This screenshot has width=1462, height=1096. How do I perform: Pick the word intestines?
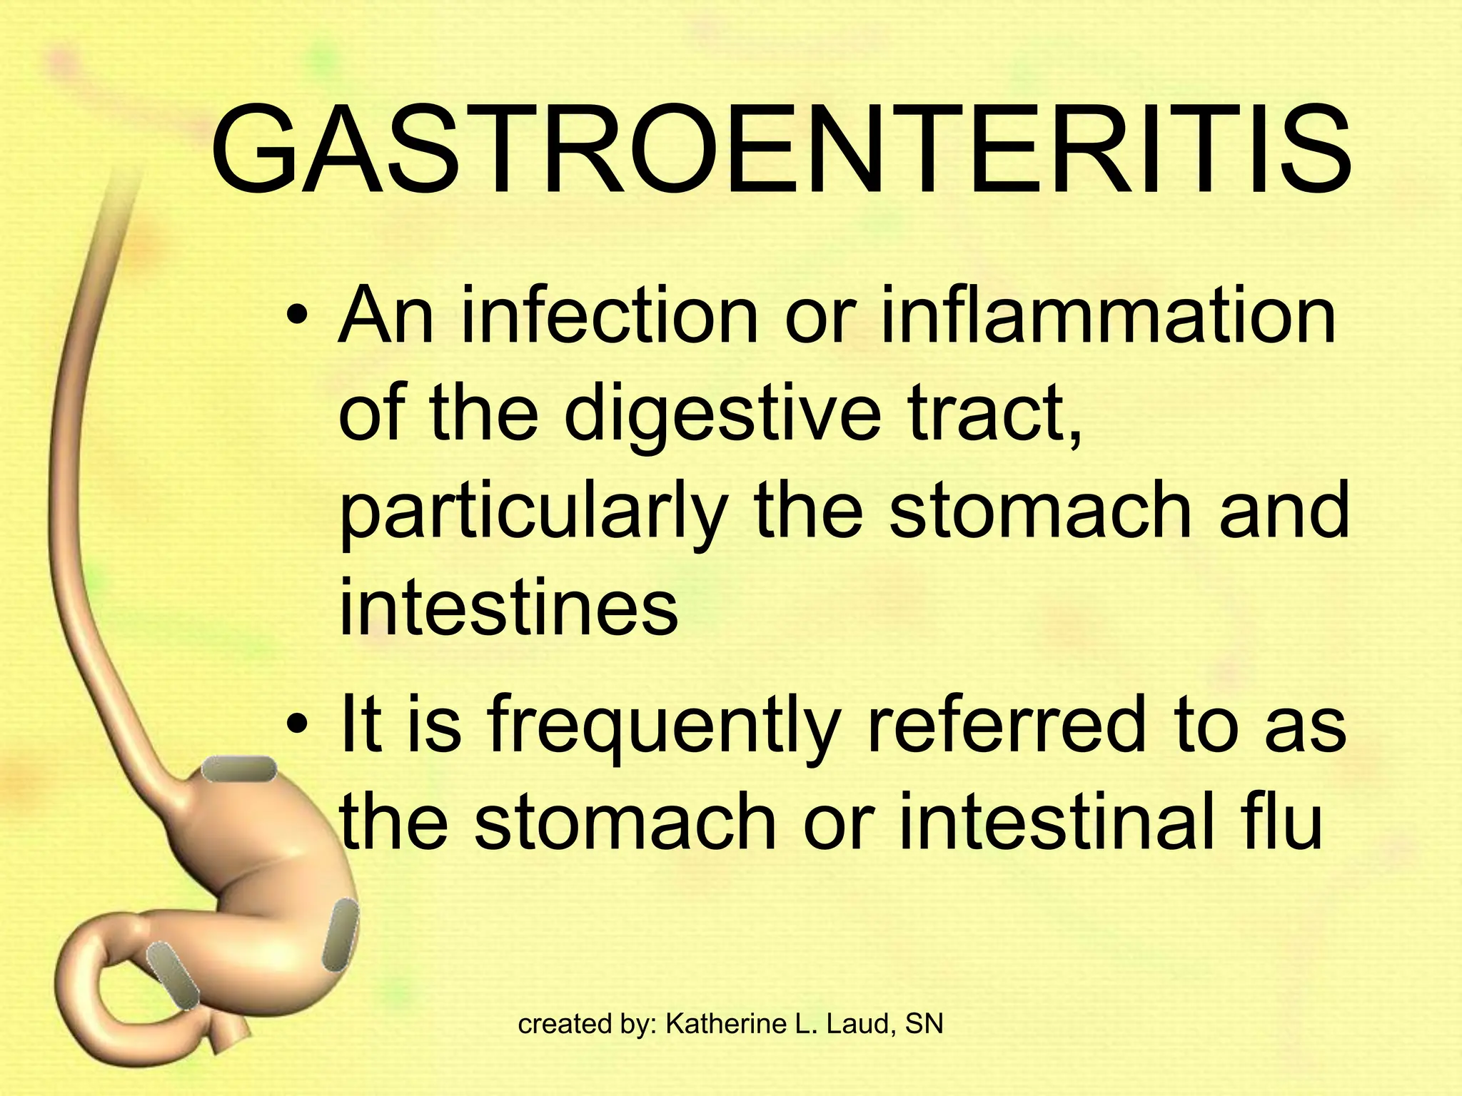coord(508,608)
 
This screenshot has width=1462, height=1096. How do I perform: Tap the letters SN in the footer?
coord(924,1024)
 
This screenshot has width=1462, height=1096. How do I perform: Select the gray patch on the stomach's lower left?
coord(173,975)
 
